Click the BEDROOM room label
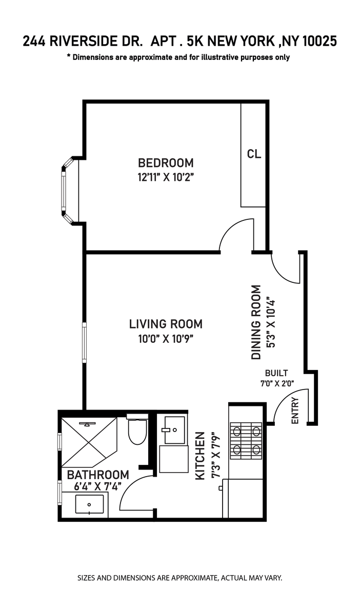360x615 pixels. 166,163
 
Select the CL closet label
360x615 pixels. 254,154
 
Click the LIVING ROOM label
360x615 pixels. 166,324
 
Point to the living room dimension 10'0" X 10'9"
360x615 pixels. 166,339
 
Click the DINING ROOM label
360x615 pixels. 256,322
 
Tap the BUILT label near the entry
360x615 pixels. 276,373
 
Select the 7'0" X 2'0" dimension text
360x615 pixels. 277,383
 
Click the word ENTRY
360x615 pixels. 295,411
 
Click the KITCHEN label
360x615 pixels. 200,456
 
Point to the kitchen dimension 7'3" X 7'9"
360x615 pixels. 216,456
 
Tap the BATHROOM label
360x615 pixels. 98,475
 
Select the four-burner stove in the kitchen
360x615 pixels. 246,441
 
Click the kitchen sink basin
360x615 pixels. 174,430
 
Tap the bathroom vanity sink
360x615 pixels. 89,504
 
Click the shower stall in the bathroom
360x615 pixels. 89,442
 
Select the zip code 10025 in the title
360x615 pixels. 319,42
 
